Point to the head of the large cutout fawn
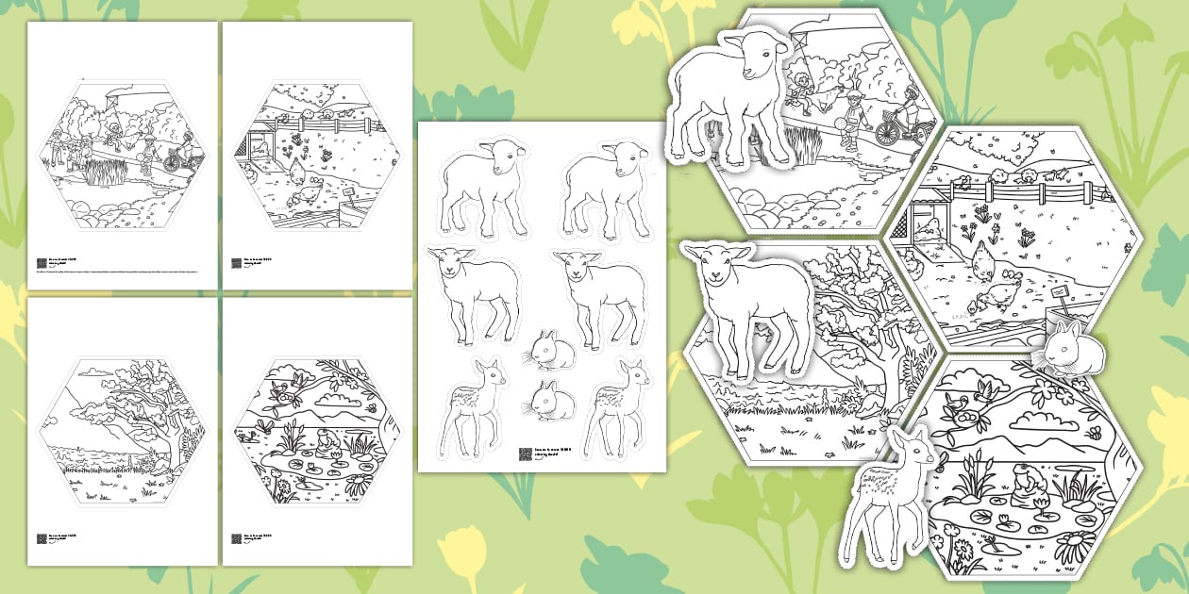912,448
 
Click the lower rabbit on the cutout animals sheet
551,401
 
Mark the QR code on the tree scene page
42,538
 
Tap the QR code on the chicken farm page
236,265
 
